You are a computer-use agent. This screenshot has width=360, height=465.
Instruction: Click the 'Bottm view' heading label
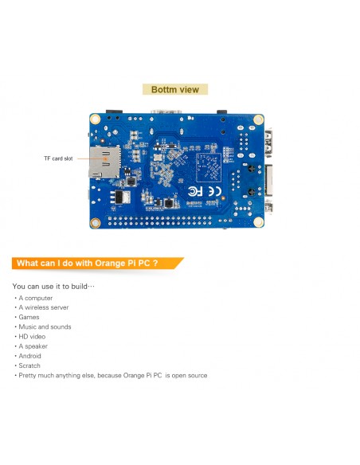pos(175,89)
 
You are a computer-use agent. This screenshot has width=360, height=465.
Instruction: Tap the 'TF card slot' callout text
pos(58,158)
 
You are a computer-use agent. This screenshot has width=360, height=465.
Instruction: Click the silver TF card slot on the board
pos(104,162)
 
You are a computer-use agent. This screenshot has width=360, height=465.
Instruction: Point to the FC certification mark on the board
pos(195,191)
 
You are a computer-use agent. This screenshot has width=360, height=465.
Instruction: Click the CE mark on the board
pos(214,191)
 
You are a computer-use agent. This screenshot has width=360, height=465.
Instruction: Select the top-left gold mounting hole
pos(96,119)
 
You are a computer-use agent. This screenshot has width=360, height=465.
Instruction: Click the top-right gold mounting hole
pos(258,119)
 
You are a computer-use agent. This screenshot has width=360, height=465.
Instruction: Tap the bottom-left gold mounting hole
pos(96,222)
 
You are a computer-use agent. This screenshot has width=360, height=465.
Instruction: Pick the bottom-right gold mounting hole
pos(258,221)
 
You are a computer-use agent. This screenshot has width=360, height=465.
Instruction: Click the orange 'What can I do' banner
pos(97,264)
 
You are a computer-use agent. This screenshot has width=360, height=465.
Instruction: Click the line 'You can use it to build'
pos(53,286)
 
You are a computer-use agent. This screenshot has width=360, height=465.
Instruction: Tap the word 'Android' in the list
pos(29,356)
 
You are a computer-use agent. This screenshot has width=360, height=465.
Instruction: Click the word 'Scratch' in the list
pos(29,365)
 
